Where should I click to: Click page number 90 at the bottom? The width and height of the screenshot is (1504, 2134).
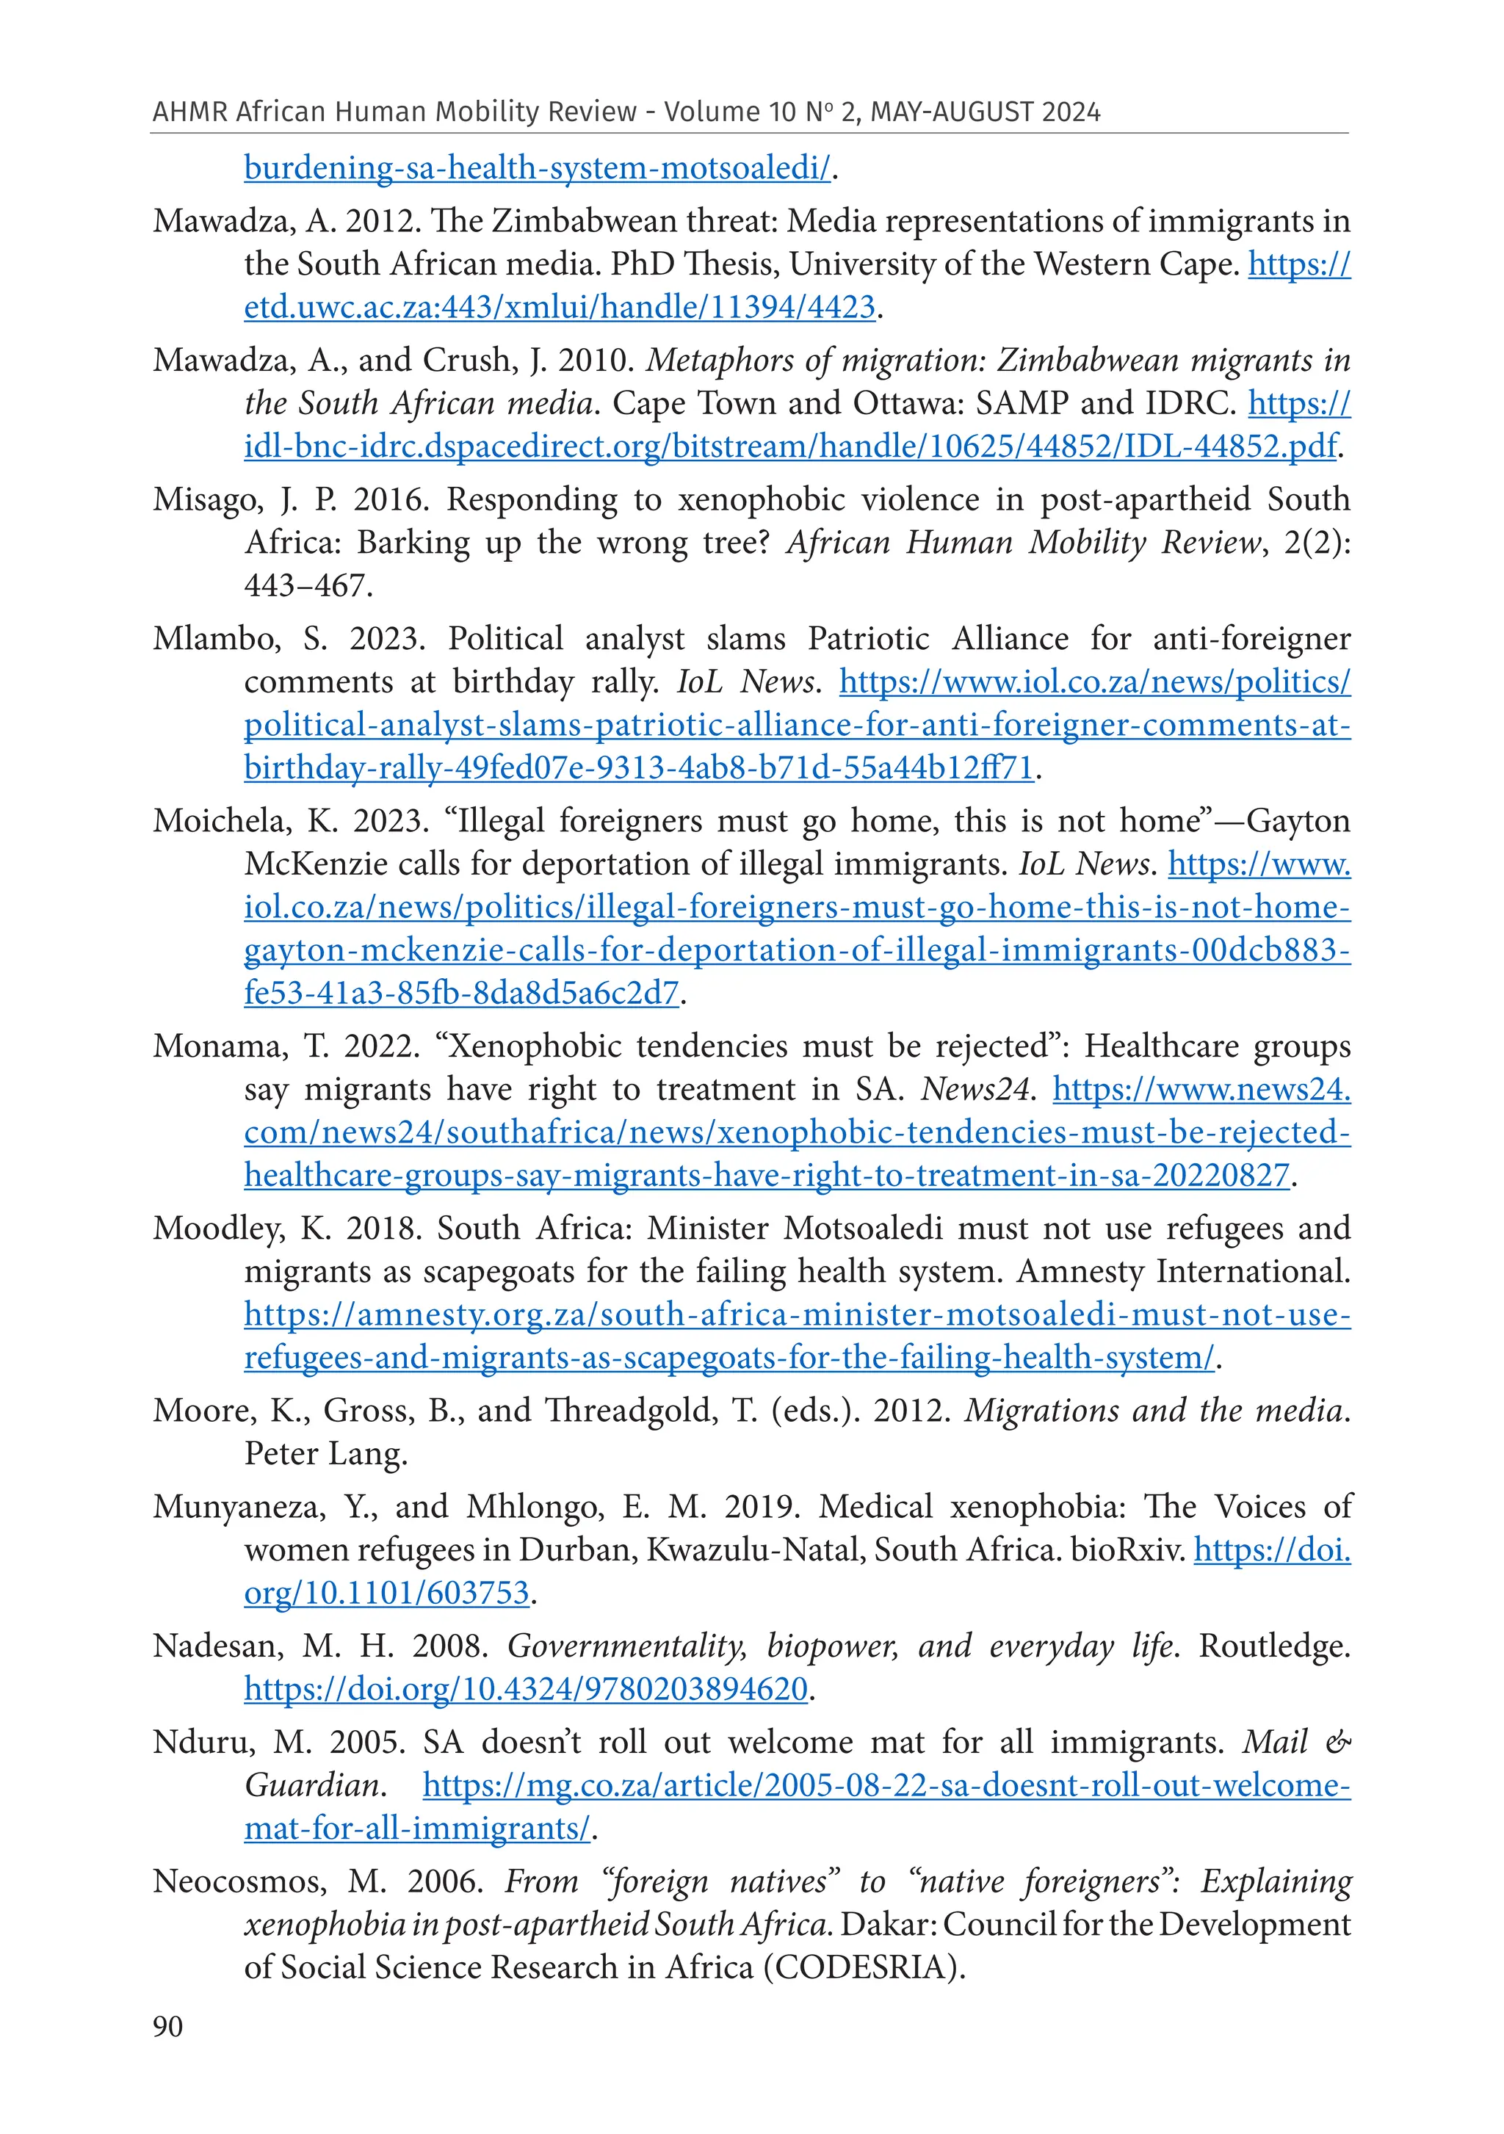click(x=167, y=2026)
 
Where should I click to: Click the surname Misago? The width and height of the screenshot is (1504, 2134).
click(x=207, y=500)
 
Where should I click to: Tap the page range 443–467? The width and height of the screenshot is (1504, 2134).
click(x=307, y=585)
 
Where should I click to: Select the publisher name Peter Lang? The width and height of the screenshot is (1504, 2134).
click(x=325, y=1454)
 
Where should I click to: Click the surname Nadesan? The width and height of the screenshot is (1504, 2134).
click(x=217, y=1646)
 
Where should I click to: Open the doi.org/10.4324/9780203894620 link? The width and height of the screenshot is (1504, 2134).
click(x=526, y=1689)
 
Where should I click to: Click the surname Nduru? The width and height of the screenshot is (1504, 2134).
click(x=202, y=1742)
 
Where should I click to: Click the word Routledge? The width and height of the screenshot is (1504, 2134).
click(x=1273, y=1646)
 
